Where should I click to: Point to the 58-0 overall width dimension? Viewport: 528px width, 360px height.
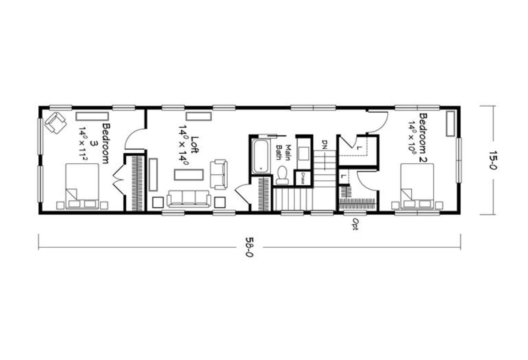pyautogui.click(x=249, y=247)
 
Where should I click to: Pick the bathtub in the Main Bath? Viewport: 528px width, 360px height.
pyautogui.click(x=260, y=156)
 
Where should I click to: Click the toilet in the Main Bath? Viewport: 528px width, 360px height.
pyautogui.click(x=282, y=174)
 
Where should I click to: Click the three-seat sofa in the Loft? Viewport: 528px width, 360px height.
pyautogui.click(x=189, y=198)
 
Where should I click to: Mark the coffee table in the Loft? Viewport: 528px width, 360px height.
pyautogui.click(x=189, y=175)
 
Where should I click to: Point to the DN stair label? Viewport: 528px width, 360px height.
pyautogui.click(x=325, y=144)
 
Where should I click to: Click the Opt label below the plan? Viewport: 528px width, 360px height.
pyautogui.click(x=355, y=224)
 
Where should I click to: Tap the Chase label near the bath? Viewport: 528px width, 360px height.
pyautogui.click(x=303, y=177)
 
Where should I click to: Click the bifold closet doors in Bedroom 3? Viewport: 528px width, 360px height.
pyautogui.click(x=118, y=182)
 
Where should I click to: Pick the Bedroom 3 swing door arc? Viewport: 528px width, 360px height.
pyautogui.click(x=135, y=140)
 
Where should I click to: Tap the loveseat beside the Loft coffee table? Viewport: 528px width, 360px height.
pyautogui.click(x=219, y=174)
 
